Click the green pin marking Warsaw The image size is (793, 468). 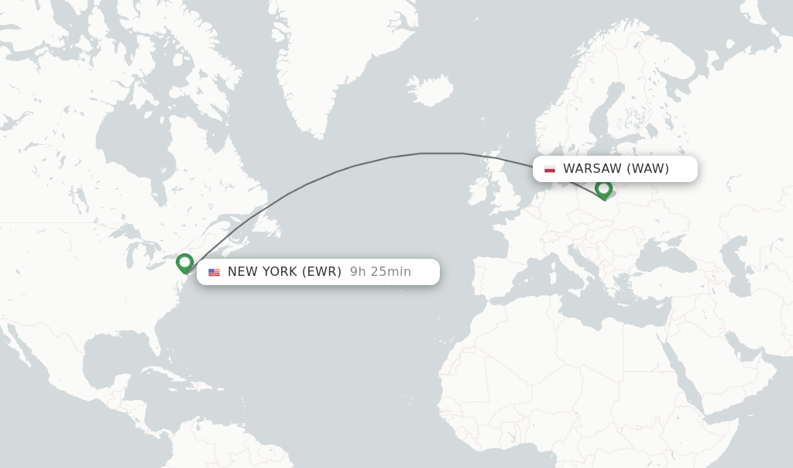pos(603,188)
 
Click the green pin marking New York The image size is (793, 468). pos(184,263)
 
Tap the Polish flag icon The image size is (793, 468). pos(550,169)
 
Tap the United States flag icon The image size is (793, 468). pos(214,272)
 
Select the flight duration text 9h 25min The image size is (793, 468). pos(380,272)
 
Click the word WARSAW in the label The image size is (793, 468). pos(592,169)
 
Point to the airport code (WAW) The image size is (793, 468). pos(648,169)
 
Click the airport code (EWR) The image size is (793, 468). pos(321,272)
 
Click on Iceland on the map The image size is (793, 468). pos(430,90)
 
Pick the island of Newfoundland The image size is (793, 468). pos(268,225)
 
